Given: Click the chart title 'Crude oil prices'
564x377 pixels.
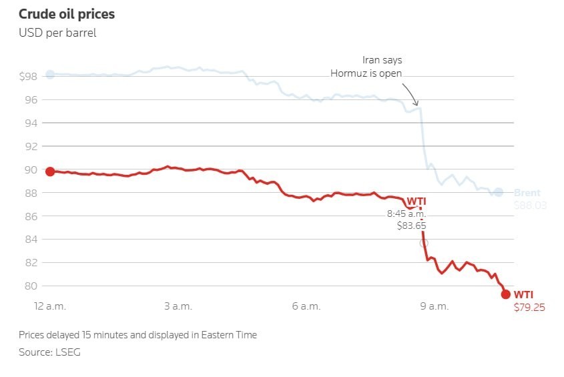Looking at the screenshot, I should pos(67,13).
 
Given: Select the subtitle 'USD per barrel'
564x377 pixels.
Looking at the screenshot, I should pos(57,33).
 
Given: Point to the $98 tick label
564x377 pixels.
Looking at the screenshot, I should pos(29,77).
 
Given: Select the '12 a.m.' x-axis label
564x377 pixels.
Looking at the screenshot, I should pos(51,306).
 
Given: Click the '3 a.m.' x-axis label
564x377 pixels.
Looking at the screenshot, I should pos(178,306).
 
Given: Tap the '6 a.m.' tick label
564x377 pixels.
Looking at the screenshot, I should pos(306,306).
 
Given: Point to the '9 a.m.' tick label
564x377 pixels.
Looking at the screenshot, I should pos(435,306).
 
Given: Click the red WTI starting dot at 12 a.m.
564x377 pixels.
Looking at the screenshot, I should pos(49,171).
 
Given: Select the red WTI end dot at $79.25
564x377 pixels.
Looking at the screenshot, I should pos(505,294).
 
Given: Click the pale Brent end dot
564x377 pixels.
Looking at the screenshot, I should pos(498,192).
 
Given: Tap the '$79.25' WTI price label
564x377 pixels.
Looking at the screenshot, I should pos(529,308).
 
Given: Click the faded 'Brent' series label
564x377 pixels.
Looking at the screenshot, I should pos(528,193).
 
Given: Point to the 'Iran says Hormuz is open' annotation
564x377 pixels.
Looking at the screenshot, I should pos(366,67).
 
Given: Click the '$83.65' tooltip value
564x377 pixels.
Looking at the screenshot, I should pos(411,226).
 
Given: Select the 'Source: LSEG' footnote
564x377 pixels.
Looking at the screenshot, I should pos(49,352).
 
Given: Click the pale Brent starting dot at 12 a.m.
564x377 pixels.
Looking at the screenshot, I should pos(49,74).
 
